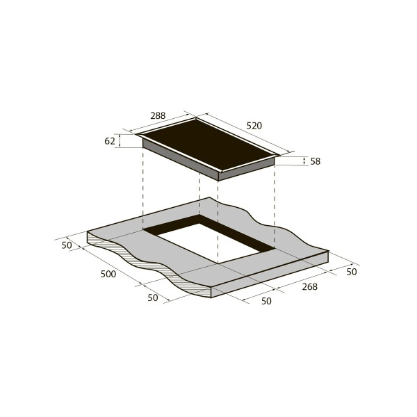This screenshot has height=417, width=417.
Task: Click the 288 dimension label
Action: pos(158,116)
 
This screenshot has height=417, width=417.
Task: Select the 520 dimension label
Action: pos(254,126)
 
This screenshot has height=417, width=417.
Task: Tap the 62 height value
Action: pos(110,141)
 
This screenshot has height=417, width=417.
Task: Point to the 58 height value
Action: pos(316,161)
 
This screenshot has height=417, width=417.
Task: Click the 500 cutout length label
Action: pos(108,274)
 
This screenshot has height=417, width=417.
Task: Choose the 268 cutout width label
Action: pos(310,286)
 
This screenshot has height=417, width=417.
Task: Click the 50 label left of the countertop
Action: pos(67,245)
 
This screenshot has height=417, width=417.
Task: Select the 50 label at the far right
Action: pos(351,272)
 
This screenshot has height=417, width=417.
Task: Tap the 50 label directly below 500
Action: pos(153,298)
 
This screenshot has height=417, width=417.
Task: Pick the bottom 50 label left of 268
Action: pos(266,301)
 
